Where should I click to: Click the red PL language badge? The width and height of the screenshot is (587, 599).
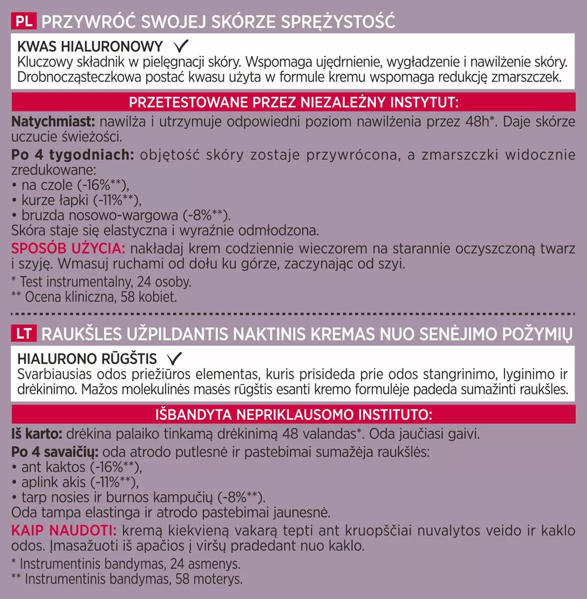(24, 22)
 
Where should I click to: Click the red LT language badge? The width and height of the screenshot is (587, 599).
(24, 334)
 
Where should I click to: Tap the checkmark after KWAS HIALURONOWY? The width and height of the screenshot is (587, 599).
(180, 46)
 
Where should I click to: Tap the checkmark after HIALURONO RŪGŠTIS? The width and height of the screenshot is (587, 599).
(174, 358)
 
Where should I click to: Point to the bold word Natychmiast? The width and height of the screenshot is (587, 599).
(53, 122)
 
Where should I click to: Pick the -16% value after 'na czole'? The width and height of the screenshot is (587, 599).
(102, 185)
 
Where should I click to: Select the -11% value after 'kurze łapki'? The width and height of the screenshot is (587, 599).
(114, 200)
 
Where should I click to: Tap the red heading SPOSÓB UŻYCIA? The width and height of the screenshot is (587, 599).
(68, 248)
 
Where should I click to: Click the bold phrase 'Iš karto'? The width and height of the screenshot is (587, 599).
(37, 434)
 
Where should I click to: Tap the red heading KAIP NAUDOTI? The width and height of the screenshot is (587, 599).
(64, 530)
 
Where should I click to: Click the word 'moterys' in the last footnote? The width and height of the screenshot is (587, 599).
(219, 579)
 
